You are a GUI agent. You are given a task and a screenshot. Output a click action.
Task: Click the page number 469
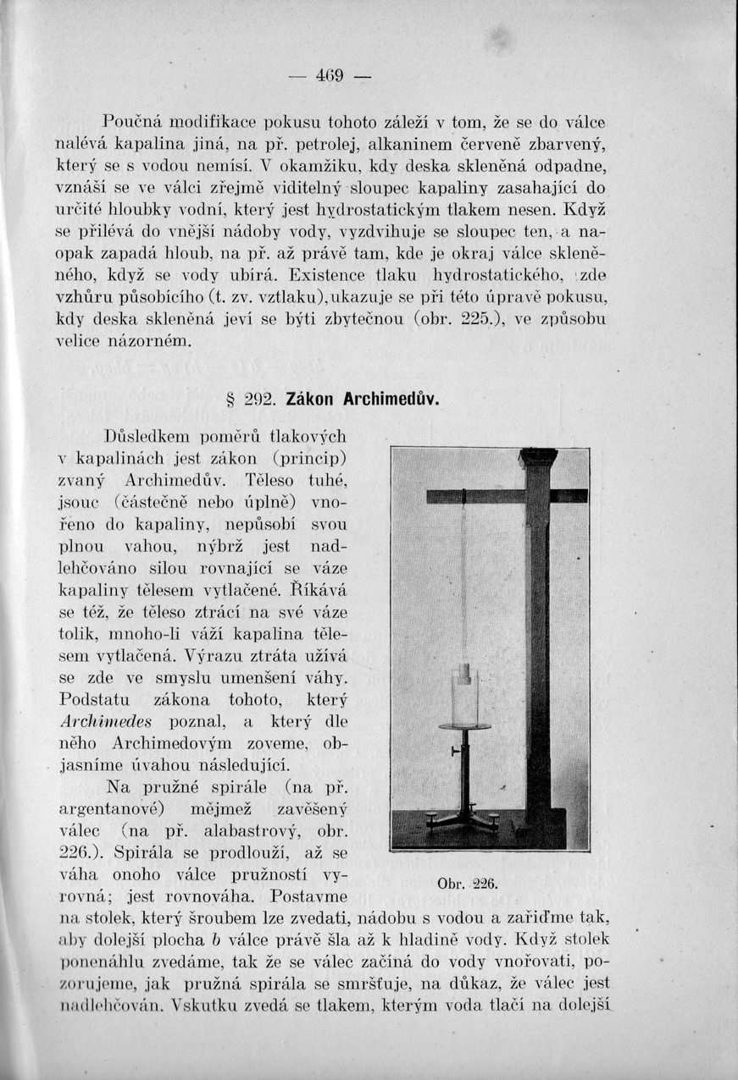pos(329,76)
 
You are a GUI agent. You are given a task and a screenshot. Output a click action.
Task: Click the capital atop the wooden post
pos(538,457)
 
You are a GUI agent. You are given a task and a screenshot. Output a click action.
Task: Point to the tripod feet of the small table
pos(463,818)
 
